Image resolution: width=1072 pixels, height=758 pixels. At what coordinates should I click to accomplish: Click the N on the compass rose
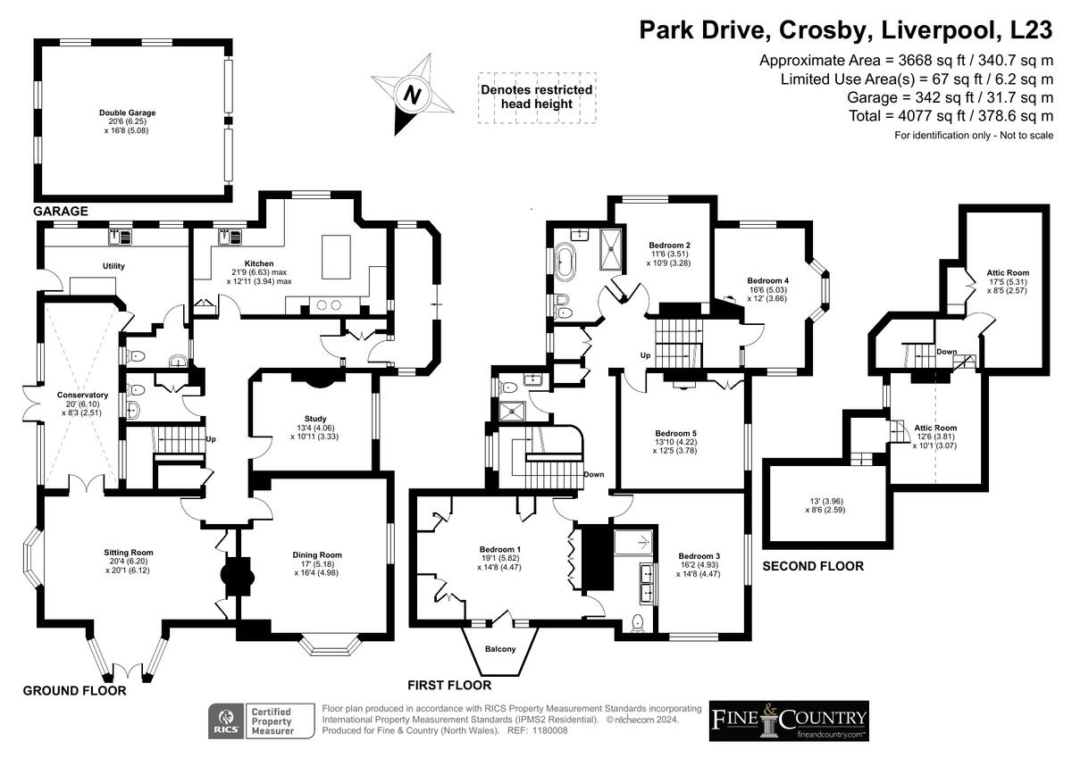coord(412,95)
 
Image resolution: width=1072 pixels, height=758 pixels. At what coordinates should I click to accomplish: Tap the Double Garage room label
coord(127,112)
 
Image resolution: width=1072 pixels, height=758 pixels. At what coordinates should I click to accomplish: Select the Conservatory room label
coord(82,395)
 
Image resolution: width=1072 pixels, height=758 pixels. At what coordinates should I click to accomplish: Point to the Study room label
coord(314,419)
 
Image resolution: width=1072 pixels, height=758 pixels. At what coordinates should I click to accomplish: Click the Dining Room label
coord(317,554)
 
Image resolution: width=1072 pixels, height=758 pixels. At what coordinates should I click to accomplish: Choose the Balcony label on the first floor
coord(500,649)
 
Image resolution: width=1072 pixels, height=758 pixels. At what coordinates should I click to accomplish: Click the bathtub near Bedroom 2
coord(565,262)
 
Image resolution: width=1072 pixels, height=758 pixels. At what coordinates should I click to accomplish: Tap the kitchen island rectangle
coord(336,257)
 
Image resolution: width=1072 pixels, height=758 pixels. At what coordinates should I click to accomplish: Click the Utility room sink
coord(120,237)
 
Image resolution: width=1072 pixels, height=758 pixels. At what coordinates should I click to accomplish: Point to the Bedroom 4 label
coord(767,280)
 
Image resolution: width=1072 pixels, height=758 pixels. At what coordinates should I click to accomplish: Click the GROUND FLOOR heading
coord(75,690)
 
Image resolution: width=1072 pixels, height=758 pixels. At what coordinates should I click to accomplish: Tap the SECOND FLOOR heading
coord(813,566)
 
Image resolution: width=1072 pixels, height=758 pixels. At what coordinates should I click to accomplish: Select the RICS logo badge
coord(226,721)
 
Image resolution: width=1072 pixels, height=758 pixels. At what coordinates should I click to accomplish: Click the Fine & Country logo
coord(789,721)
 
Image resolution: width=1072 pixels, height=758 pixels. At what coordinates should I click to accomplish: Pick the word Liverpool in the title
coord(939,29)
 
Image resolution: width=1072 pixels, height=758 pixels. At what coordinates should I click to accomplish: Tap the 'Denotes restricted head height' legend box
coord(537,97)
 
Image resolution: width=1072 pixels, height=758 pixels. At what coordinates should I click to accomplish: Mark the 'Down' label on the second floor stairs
coord(947,352)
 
